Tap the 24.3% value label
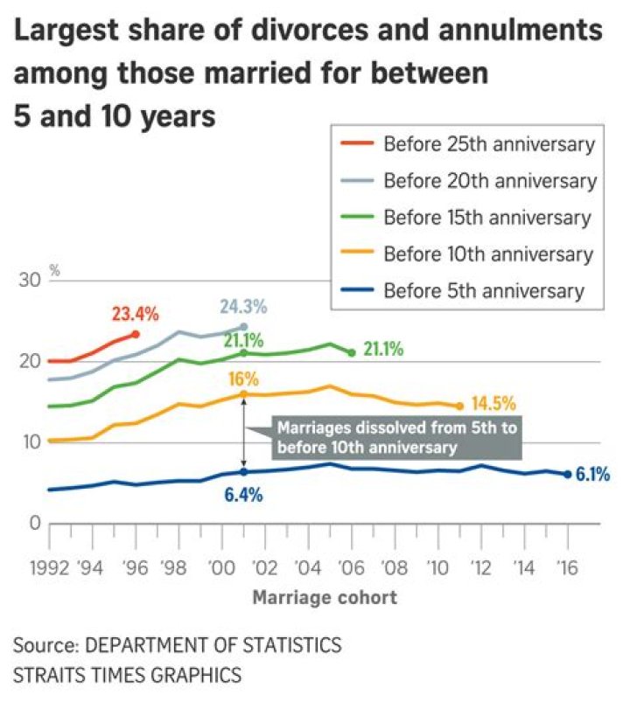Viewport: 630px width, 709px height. click(x=242, y=308)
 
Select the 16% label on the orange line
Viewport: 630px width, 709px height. click(x=245, y=379)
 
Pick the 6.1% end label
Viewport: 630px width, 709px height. click(x=592, y=476)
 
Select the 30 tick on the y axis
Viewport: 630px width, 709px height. click(x=30, y=282)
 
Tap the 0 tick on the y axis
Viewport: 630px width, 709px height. click(x=35, y=524)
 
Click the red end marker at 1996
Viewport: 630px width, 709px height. click(x=135, y=334)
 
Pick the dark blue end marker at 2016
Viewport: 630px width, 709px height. click(x=567, y=474)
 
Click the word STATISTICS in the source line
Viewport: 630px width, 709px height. click(x=285, y=646)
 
